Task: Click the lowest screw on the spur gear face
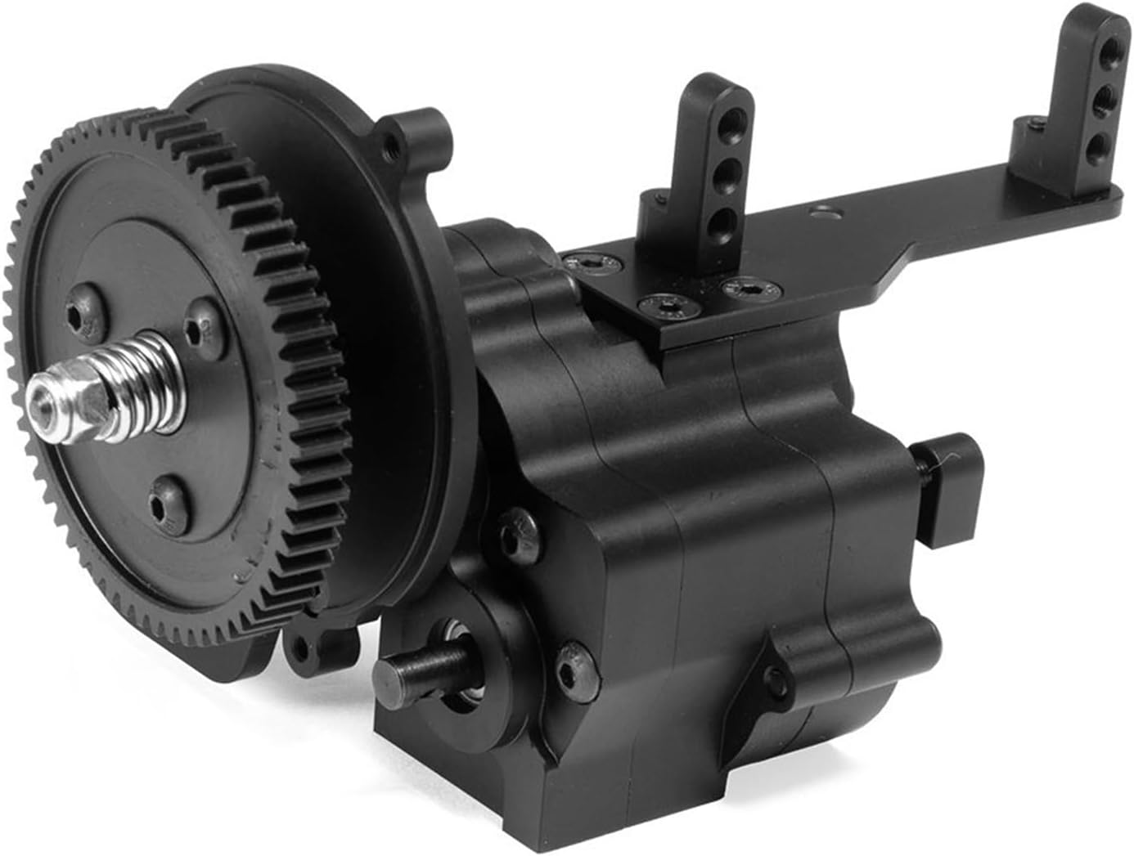[x=164, y=500]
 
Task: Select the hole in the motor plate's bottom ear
[x=304, y=651]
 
